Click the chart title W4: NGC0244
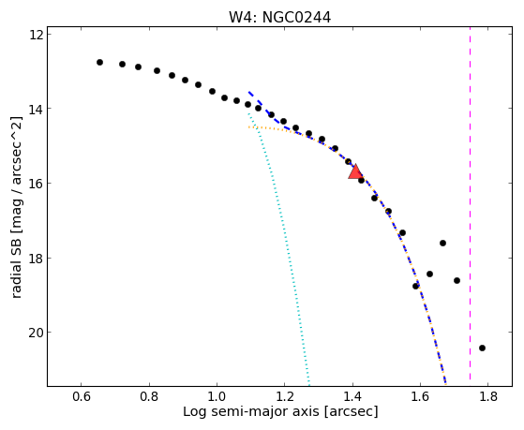(279, 18)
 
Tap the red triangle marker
(355, 171)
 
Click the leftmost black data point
(99, 62)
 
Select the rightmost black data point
(482, 348)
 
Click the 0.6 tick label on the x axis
(82, 397)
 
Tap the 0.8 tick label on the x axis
(149, 397)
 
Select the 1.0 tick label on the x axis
(217, 397)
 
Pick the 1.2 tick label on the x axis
(284, 397)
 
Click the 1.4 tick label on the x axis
(352, 397)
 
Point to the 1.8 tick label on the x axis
(487, 397)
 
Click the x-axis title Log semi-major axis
(251, 411)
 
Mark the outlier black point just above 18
(442, 243)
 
